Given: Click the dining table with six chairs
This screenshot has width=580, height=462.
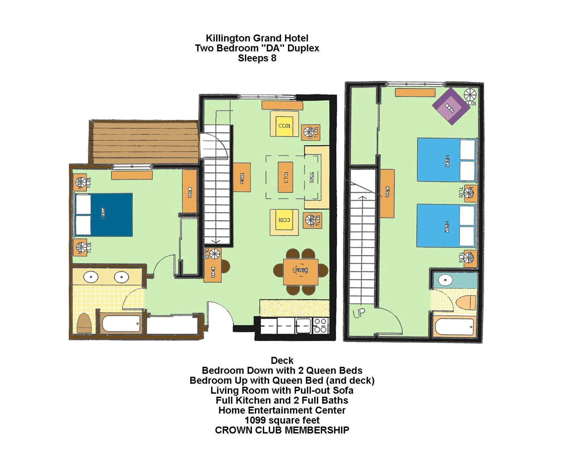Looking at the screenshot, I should [301, 272].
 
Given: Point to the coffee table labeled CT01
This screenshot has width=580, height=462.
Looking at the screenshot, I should [285, 177].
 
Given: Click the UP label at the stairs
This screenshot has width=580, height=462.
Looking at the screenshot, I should [359, 314].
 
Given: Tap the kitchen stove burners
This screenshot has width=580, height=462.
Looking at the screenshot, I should [321, 326].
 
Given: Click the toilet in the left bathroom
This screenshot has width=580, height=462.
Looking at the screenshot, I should [84, 324].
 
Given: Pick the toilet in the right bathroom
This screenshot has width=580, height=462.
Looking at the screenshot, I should [467, 303].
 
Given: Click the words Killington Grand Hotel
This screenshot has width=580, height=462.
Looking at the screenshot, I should [257, 38].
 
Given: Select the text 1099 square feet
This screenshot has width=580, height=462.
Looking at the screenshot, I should [282, 420].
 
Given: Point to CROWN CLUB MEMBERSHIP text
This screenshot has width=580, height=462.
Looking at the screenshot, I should [282, 430].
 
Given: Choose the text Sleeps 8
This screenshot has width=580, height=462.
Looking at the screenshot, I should [257, 58].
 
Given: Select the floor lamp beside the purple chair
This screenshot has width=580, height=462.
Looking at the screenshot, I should [470, 95].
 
